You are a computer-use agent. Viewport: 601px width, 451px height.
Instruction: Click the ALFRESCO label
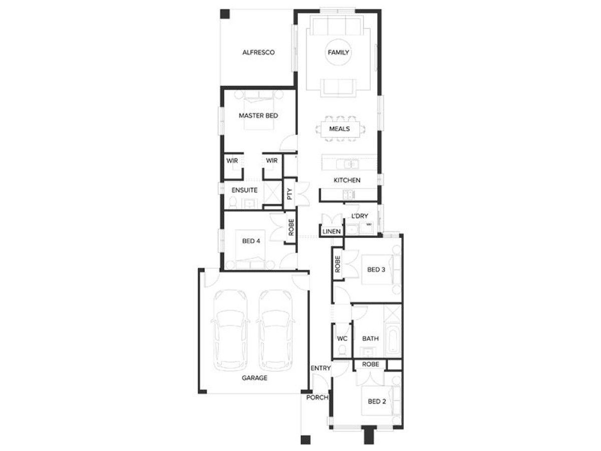point(258,52)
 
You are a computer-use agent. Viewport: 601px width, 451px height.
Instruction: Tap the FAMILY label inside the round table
point(338,52)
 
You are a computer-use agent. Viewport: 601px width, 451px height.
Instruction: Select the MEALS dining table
point(340,128)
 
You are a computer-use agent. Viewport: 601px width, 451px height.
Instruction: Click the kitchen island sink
point(347,164)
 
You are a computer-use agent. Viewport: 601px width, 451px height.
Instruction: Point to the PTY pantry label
point(289,193)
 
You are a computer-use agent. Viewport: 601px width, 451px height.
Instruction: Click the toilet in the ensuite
point(233,202)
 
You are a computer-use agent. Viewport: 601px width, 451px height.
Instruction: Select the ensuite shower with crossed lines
point(272,192)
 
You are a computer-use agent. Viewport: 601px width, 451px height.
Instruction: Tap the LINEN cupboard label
point(332,232)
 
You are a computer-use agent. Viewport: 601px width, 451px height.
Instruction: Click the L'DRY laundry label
point(360,216)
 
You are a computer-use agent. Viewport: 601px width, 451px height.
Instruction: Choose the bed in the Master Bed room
point(259,110)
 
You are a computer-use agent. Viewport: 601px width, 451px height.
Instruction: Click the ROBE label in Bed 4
point(291,227)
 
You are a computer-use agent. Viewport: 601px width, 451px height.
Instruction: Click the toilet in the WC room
point(342,350)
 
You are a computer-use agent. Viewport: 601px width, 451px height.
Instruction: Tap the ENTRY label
point(321,368)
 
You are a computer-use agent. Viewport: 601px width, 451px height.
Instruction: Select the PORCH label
point(317,397)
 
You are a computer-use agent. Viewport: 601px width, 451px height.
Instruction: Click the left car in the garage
point(230,331)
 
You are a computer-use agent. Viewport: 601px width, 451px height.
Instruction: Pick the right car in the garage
point(276,331)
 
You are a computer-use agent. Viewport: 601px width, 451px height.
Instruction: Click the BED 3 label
point(376,270)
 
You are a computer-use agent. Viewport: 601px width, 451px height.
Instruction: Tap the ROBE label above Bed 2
point(371,364)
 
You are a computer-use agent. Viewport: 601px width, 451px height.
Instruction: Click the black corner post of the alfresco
point(225,14)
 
